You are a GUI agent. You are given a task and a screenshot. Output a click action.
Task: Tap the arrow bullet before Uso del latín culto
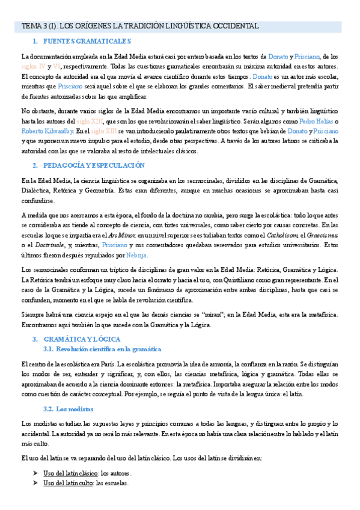tap(35, 483)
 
